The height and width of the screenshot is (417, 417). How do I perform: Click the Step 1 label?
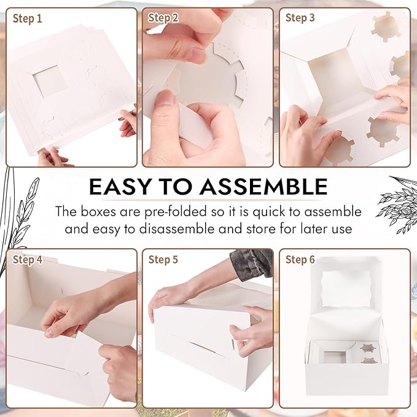coord(27,18)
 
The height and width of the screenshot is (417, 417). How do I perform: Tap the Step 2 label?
coord(163,18)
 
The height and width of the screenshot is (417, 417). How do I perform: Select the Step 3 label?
coord(300,18)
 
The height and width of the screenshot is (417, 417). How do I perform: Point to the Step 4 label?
coord(28,260)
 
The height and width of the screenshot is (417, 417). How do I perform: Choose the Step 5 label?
coord(163,260)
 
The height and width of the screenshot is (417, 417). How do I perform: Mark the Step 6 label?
coord(300,260)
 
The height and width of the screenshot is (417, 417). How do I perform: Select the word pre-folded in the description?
coord(171,212)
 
